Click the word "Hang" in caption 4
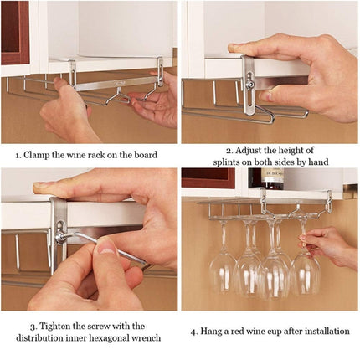(216, 331)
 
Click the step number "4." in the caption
(195, 331)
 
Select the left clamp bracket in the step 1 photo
(73, 73)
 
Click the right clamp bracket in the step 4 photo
(329, 202)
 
